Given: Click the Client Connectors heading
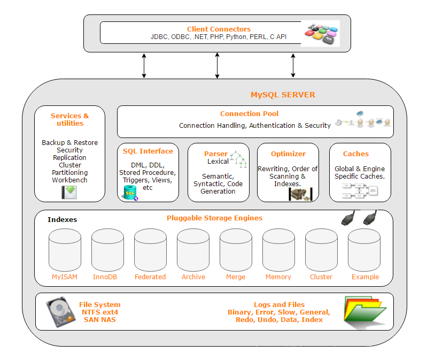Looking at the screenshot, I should pyautogui.click(x=219, y=29).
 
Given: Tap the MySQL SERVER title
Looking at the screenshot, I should pyautogui.click(x=283, y=95).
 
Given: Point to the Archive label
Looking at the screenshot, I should pyautogui.click(x=193, y=277).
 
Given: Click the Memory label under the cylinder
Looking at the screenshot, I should pyautogui.click(x=278, y=277).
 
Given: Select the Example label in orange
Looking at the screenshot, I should pyautogui.click(x=365, y=277).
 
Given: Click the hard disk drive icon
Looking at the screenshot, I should pyautogui.click(x=60, y=312).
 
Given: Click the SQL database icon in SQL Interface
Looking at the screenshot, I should pyautogui.click(x=129, y=193).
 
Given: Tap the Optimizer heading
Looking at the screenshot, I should pyautogui.click(x=288, y=154).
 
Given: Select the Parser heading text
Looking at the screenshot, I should pyautogui.click(x=215, y=154).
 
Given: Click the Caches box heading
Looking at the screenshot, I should pyautogui.click(x=355, y=154).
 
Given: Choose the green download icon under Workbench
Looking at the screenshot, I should pyautogui.click(x=69, y=192).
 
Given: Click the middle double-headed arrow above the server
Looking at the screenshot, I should pyautogui.click(x=217, y=65).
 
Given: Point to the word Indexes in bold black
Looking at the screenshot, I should pyautogui.click(x=62, y=219).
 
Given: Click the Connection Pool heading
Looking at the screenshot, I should pyautogui.click(x=249, y=113).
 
